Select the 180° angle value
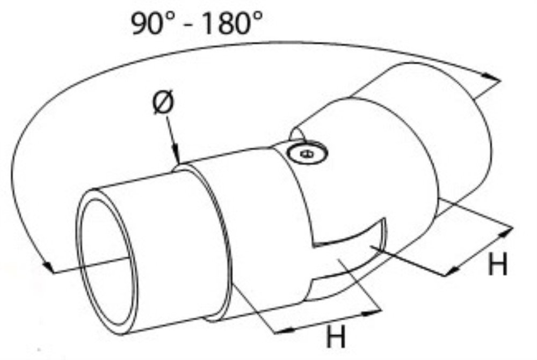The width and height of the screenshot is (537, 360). [x=233, y=23]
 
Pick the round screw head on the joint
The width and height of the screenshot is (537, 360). [x=307, y=153]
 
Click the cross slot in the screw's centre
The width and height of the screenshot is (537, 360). [x=307, y=153]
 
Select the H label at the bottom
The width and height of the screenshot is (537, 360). [x=336, y=336]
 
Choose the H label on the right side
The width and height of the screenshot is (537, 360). [x=498, y=263]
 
